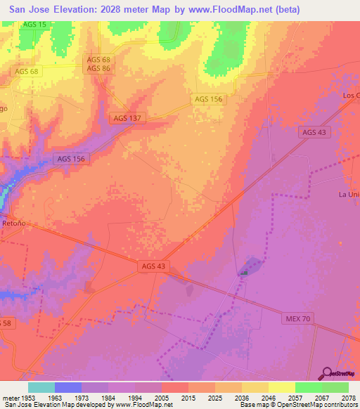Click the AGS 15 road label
[34, 25]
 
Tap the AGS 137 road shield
[127, 118]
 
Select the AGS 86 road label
[98, 69]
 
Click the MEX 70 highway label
[297, 318]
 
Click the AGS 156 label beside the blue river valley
[70, 159]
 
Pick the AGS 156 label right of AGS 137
[208, 99]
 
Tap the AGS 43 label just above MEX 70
[153, 266]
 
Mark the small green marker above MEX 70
[244, 273]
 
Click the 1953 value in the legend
[27, 397]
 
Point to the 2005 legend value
[161, 397]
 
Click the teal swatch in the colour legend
[41, 387]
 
